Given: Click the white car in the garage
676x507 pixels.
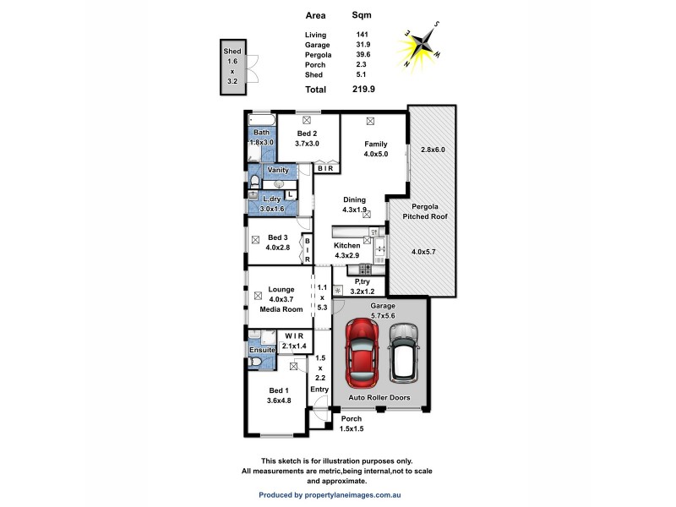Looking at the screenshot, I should pos(404,352).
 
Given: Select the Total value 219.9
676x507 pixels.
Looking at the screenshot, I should pos(364,89).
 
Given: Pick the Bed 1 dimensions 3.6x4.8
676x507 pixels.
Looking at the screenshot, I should pos(279,401).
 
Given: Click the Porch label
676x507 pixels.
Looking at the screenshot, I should pos(352,418).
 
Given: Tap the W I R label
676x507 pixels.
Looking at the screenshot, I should pos(294,335).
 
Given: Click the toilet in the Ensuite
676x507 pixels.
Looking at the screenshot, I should pos(256,362).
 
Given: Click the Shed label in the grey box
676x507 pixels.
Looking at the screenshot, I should pos(232,52).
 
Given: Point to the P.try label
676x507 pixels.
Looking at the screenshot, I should pos(363,281).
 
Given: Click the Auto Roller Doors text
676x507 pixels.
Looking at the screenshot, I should pos(379,395).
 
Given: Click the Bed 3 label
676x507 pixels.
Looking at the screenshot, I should pos(279,237).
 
